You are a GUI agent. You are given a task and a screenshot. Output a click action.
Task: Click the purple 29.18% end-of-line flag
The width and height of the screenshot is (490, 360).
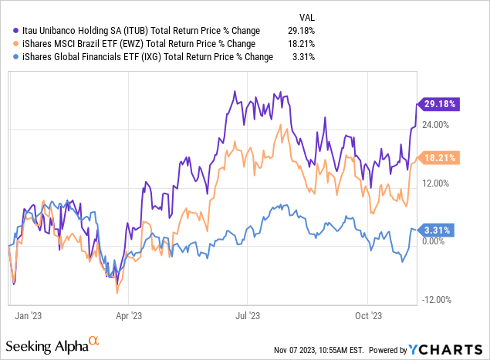[x=437, y=103]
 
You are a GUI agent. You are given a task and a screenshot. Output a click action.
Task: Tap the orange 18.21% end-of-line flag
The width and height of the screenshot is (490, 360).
[x=437, y=157]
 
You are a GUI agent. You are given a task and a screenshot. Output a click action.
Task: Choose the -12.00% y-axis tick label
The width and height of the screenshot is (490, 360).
[x=437, y=300]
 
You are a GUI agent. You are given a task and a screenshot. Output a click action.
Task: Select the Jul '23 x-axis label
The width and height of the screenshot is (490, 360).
[x=247, y=315]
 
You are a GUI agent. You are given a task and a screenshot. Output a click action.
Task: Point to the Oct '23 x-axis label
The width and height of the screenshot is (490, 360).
[x=367, y=315]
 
